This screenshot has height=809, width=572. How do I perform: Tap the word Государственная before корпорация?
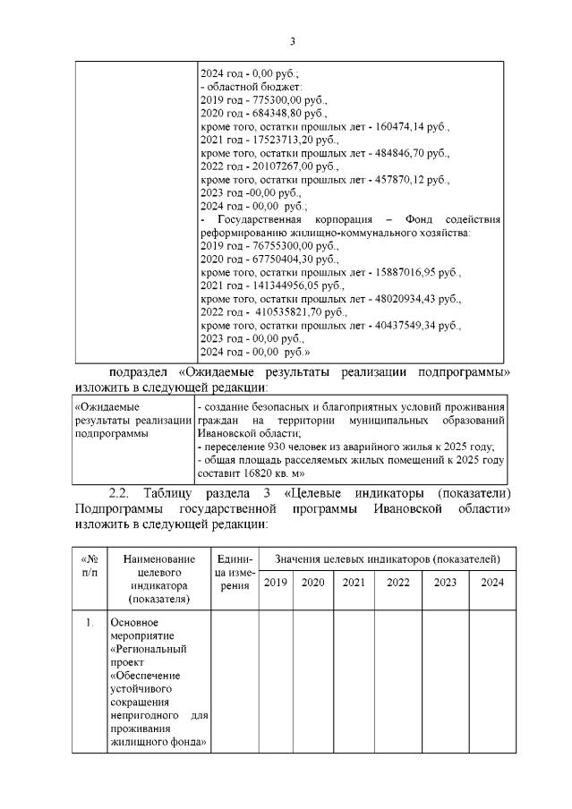tap(256, 219)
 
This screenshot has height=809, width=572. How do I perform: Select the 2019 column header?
tap(275, 583)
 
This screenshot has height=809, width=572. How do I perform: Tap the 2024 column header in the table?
tap(492, 583)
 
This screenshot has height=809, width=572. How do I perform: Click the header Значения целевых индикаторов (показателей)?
tap(387, 558)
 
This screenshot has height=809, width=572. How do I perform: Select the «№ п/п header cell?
tap(90, 565)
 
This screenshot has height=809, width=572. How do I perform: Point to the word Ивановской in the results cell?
tap(228, 432)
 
